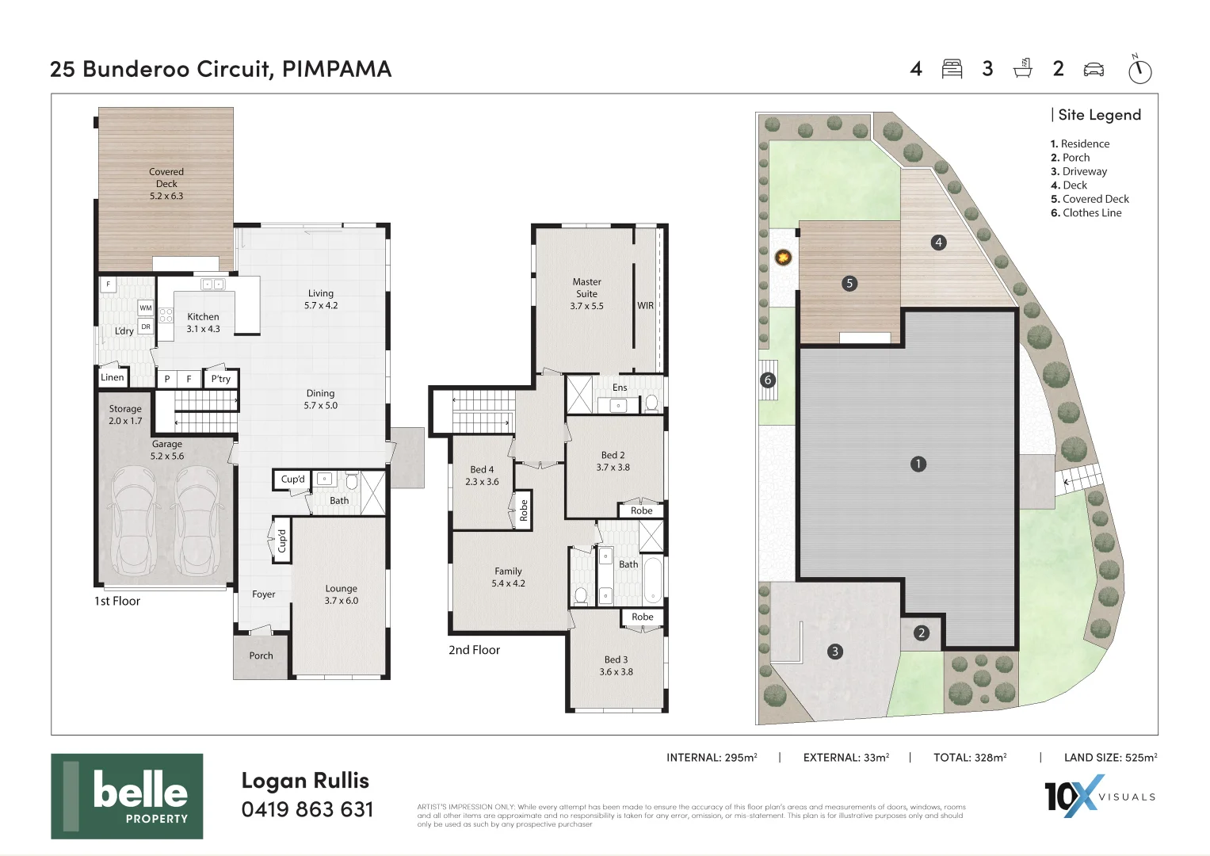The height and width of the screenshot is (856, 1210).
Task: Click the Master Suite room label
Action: [x=586, y=293]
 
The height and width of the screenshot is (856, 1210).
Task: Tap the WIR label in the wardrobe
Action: [x=646, y=305]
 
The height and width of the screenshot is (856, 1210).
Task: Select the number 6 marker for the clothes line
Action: [x=768, y=380]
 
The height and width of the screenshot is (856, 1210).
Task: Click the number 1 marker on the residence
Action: [x=918, y=464]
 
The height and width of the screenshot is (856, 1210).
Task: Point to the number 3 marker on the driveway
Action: [x=835, y=652]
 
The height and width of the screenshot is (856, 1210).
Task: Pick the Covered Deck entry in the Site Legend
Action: [x=1090, y=199]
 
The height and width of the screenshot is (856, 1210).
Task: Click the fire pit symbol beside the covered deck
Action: [x=783, y=258]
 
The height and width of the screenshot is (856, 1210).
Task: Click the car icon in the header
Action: [x=1094, y=70]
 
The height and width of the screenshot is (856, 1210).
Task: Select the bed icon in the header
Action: [x=952, y=69]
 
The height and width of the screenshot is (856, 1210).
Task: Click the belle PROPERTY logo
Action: [x=127, y=796]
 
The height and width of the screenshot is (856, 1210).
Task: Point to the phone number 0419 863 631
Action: [x=307, y=809]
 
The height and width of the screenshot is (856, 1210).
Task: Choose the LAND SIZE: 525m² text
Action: [x=1111, y=758]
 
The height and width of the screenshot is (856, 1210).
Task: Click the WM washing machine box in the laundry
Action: [x=146, y=308]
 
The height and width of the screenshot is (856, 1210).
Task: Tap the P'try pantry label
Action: [x=221, y=379]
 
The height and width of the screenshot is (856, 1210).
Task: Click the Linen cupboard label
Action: [x=113, y=377]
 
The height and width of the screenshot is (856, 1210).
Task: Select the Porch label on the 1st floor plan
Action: [x=261, y=655]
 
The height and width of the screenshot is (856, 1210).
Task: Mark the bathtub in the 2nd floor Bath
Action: [x=652, y=581]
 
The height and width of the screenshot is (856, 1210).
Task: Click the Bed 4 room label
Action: [x=482, y=476]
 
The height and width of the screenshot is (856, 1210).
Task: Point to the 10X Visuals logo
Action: [x=1099, y=796]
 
